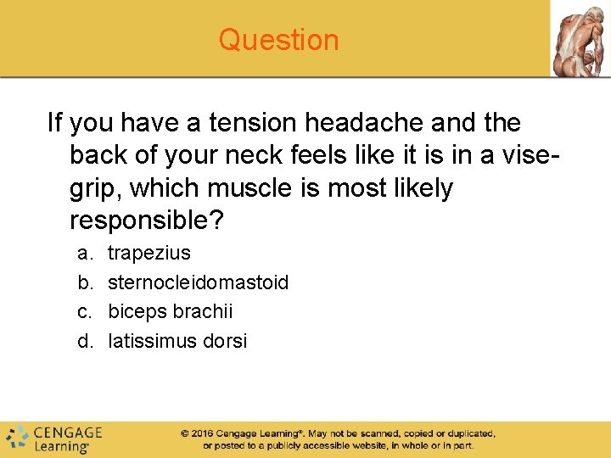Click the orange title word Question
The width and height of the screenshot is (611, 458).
(278, 40)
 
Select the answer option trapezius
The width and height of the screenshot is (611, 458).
(149, 253)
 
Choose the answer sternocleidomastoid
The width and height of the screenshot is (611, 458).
(199, 282)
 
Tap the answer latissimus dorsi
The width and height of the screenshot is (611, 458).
(177, 341)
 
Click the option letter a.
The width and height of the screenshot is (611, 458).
(84, 253)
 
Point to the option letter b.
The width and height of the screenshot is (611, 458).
(84, 282)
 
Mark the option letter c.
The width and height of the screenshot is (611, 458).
(84, 311)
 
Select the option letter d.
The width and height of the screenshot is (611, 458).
(84, 341)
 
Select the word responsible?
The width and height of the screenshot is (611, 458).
(147, 221)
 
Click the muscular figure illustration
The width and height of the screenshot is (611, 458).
(580, 39)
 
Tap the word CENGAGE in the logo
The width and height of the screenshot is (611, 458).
(68, 433)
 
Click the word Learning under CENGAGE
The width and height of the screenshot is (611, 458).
(61, 446)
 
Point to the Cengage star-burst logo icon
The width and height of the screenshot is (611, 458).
(18, 437)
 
